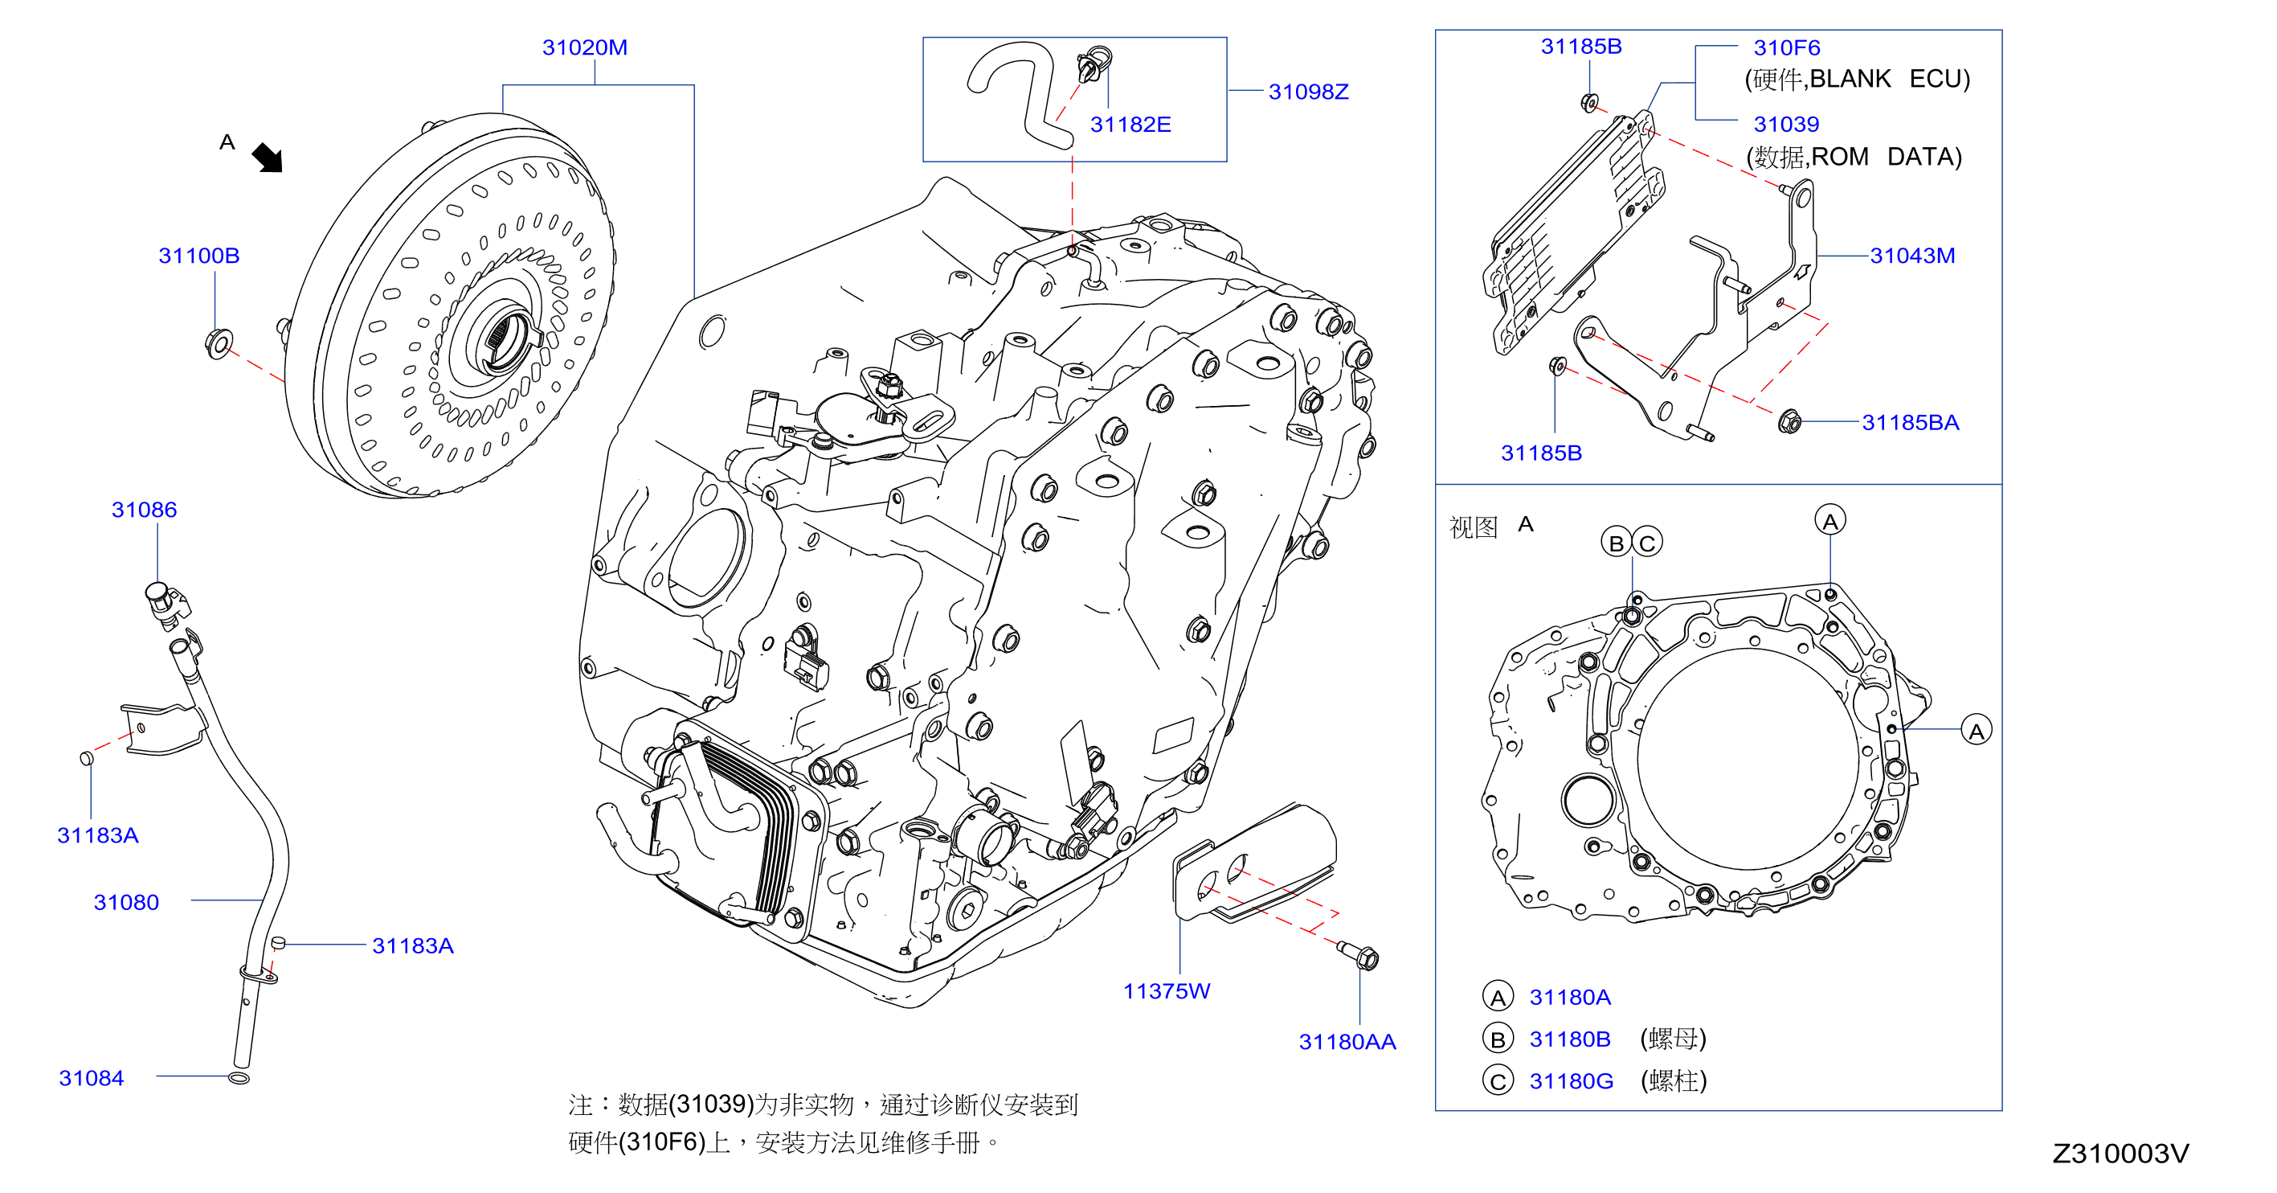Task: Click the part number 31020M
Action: pyautogui.click(x=584, y=47)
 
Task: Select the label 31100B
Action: pyautogui.click(x=199, y=256)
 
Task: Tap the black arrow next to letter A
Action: pyautogui.click(x=267, y=158)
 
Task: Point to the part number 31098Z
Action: pyautogui.click(x=1308, y=91)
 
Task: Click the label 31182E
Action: pyautogui.click(x=1130, y=124)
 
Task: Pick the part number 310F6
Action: pyautogui.click(x=1786, y=47)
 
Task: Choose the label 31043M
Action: pyautogui.click(x=1912, y=256)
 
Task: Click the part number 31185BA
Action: pyautogui.click(x=1910, y=423)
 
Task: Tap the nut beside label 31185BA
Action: pyautogui.click(x=1789, y=422)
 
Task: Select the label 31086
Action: pyautogui.click(x=144, y=510)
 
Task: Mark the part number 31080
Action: pyautogui.click(x=126, y=902)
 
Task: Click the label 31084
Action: pyautogui.click(x=91, y=1078)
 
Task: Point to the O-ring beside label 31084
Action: pyautogui.click(x=239, y=1078)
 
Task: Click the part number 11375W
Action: pyautogui.click(x=1166, y=990)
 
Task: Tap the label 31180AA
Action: pyautogui.click(x=1347, y=1042)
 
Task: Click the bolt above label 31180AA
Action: pyautogui.click(x=1358, y=955)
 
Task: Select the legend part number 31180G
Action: pyautogui.click(x=1571, y=1080)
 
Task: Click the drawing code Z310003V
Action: pyautogui.click(x=2120, y=1153)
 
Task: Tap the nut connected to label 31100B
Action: pyautogui.click(x=219, y=342)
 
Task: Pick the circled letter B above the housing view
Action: pyautogui.click(x=1617, y=542)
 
